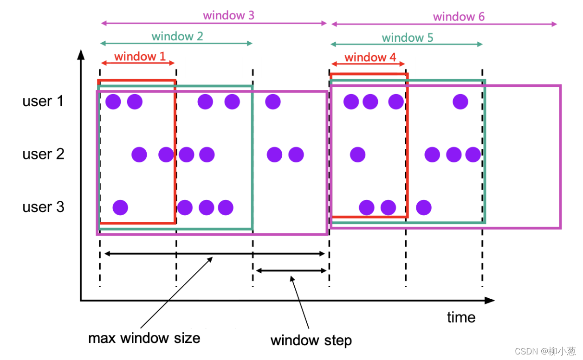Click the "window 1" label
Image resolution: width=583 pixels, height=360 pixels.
(140, 56)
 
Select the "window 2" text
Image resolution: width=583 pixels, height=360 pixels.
(177, 36)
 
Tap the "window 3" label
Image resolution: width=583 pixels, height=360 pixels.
(228, 15)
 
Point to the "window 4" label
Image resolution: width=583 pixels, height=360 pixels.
(370, 57)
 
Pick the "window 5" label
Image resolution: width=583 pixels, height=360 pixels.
(408, 38)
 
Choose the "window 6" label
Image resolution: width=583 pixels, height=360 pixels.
(459, 17)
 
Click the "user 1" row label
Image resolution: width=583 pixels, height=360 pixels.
(43, 101)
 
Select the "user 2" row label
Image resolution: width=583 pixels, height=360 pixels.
(43, 154)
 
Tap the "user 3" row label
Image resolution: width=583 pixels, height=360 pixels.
(43, 207)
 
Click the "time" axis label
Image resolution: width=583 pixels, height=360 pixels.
(461, 317)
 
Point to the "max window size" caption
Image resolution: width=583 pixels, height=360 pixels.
(144, 338)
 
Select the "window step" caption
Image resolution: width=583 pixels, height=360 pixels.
(311, 341)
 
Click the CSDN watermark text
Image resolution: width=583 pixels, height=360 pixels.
(545, 351)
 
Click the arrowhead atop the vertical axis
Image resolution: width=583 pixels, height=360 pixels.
(81, 55)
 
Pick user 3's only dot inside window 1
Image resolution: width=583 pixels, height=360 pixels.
(120, 207)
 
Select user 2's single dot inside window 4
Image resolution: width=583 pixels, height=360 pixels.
(357, 154)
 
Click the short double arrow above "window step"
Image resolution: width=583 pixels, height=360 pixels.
(291, 271)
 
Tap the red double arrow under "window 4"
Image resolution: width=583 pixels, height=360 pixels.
(368, 64)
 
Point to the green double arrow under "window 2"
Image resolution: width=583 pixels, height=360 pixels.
(176, 43)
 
